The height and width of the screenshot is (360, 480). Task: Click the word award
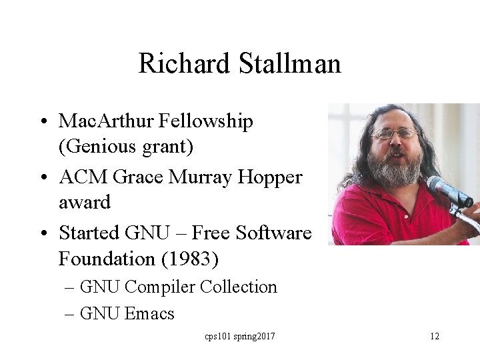(85, 200)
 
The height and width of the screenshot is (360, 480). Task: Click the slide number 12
(434, 336)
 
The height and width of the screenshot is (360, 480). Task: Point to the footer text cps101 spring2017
(239, 336)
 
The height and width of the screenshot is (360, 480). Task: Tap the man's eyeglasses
(394, 133)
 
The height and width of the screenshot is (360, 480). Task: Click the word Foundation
(105, 257)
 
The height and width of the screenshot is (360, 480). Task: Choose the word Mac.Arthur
(109, 121)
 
